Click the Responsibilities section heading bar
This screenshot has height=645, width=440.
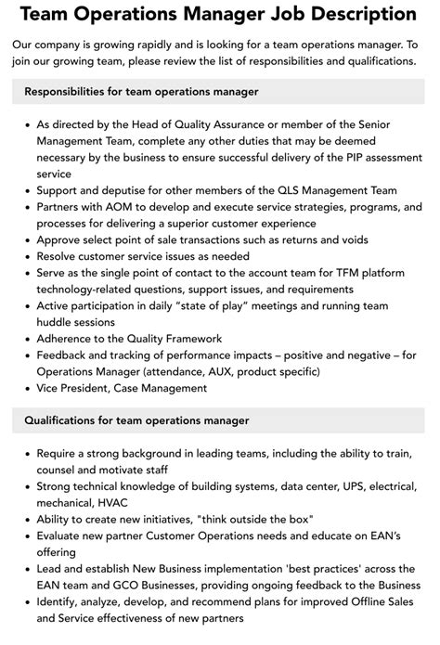click(220, 92)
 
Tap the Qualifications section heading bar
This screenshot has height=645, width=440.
click(220, 419)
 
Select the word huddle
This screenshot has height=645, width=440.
click(58, 323)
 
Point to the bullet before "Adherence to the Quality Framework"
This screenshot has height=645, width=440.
click(25, 340)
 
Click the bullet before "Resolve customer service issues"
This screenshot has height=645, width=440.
click(25, 256)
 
